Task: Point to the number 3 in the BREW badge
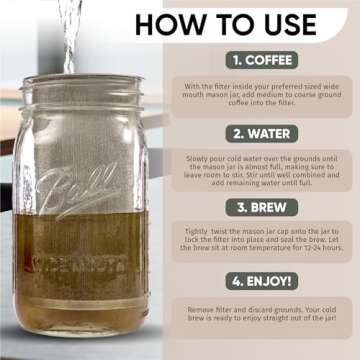[x=242, y=207]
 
